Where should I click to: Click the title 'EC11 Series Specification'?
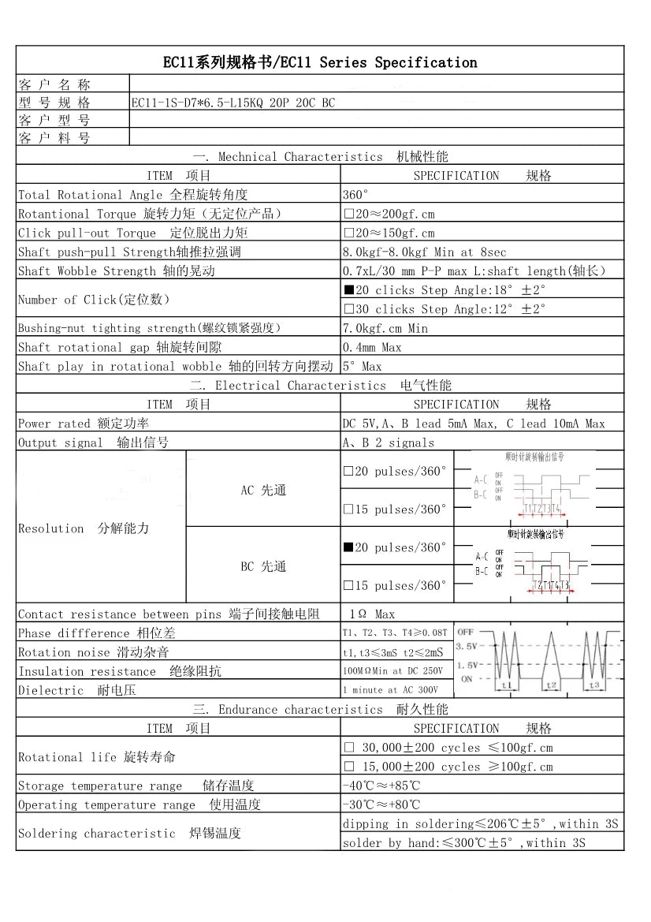(319, 62)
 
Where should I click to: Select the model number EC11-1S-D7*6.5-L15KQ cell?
(232, 103)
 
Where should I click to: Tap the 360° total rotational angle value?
(355, 195)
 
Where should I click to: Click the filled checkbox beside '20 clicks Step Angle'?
(348, 290)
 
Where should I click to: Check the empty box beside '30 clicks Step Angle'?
(348, 309)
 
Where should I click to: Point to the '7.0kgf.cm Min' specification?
(385, 328)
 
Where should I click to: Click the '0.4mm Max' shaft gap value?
(372, 347)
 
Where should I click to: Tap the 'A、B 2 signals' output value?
(388, 442)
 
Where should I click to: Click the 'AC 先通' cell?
(263, 491)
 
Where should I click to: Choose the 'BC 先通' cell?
(263, 566)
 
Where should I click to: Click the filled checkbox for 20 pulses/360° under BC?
(348, 547)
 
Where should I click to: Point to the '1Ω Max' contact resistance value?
(372, 614)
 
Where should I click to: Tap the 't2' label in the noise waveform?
(551, 685)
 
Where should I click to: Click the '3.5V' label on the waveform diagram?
(466, 647)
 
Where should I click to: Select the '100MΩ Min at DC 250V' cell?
(392, 671)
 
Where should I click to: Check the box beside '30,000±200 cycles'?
(348, 748)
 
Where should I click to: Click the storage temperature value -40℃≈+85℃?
(381, 786)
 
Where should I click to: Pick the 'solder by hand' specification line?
(463, 843)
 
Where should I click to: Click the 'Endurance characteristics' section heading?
(319, 710)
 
